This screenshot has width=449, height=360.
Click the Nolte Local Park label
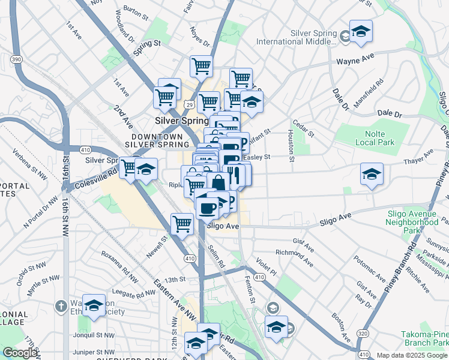pyautogui.click(x=376, y=138)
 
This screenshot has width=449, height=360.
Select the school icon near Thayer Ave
pyautogui.click(x=372, y=175)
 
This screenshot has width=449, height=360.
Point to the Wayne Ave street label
pyautogui.click(x=355, y=61)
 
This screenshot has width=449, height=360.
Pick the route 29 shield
pyautogui.click(x=188, y=105)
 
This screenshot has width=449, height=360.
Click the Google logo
pyautogui.click(x=20, y=353)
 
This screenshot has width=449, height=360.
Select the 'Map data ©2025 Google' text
pyautogui.click(x=412, y=355)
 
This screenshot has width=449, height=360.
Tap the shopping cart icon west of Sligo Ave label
pyautogui.click(x=182, y=224)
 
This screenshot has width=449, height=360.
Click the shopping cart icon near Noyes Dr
pyautogui.click(x=201, y=66)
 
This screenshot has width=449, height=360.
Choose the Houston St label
pyautogui.click(x=291, y=146)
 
